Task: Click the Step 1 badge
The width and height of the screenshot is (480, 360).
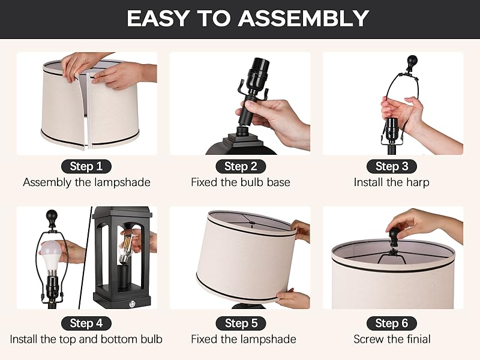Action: point(86,166)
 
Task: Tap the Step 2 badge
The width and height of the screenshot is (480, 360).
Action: point(241,166)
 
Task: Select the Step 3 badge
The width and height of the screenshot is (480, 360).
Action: point(392,166)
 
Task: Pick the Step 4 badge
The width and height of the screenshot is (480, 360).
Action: point(86,323)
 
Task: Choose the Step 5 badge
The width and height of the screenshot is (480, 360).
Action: point(241,323)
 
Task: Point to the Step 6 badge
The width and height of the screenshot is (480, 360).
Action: point(392,323)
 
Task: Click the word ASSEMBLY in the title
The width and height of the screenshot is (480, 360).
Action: point(304,19)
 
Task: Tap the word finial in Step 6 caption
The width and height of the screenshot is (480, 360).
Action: point(419,339)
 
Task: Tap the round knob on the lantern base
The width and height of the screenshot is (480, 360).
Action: point(132,304)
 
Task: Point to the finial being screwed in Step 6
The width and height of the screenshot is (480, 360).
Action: point(395,236)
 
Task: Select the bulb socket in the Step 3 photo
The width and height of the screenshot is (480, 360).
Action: point(392,129)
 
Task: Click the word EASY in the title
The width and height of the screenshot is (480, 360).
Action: point(158,19)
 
